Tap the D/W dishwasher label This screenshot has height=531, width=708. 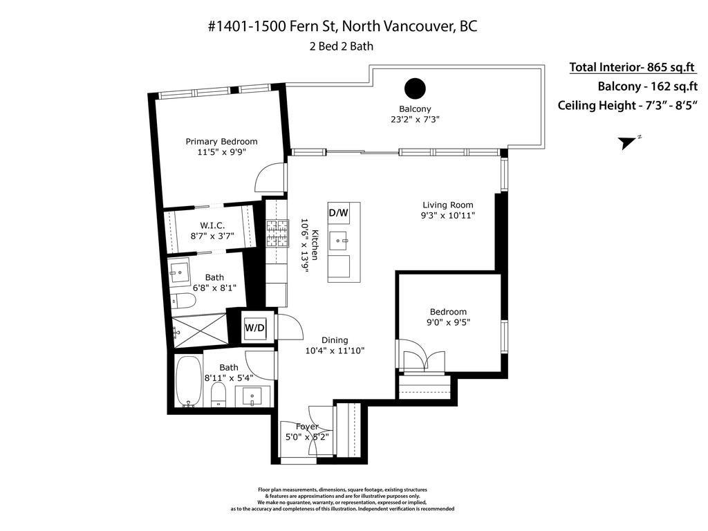tap(338, 213)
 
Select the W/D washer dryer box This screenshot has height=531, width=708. tap(254, 328)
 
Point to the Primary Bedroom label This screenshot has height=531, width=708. tap(221, 142)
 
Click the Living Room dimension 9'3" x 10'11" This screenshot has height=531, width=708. tap(448, 216)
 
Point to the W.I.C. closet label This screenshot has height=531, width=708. tap(212, 225)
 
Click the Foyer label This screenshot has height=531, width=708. tap(307, 427)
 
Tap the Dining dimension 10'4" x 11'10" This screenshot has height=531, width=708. tap(335, 351)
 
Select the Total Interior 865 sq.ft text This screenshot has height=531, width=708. tap(632, 67)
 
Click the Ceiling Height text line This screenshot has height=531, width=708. tap(629, 106)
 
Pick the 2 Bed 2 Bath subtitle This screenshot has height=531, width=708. tap(342, 47)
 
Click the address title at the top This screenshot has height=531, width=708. tap(342, 26)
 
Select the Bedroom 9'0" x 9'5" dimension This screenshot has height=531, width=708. tap(448, 322)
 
